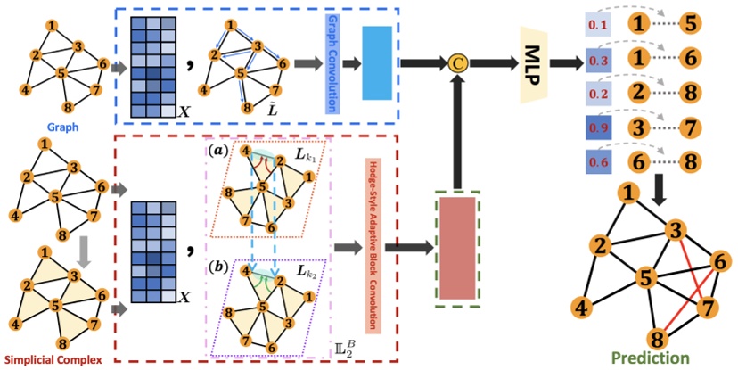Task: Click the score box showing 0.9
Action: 598,128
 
